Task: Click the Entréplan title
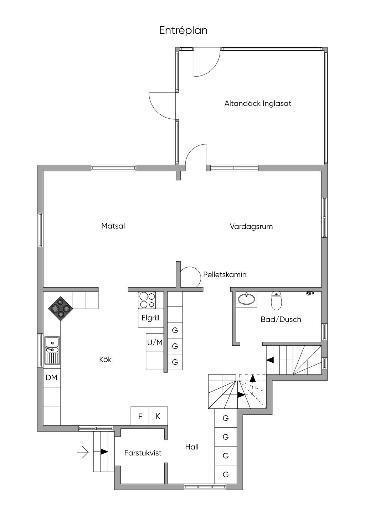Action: point(183,30)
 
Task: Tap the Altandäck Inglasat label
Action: point(258,103)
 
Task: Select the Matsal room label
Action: point(113,226)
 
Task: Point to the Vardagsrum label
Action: point(251,227)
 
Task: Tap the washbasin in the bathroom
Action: point(246,299)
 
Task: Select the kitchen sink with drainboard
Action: point(52,350)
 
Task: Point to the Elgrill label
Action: point(150,318)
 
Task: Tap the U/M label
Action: point(155,342)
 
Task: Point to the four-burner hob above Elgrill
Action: point(147,300)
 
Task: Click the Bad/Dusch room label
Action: point(281,320)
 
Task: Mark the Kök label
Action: point(105,359)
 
